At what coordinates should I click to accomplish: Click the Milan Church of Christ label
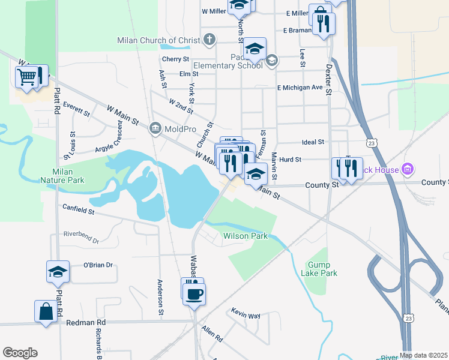[159, 41]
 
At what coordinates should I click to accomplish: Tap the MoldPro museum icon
[155, 128]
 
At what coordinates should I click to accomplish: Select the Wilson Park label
[246, 236]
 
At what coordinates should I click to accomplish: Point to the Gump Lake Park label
[322, 269]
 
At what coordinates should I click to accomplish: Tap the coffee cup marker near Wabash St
[194, 293]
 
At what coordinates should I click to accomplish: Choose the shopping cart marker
[28, 76]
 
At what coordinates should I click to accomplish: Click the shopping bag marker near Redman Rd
[46, 311]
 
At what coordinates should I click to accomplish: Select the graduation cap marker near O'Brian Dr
[58, 271]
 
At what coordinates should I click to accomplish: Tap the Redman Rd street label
[86, 322]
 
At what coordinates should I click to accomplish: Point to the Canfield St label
[79, 209]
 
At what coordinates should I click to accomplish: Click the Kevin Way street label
[246, 314]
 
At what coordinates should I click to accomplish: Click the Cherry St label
[176, 59]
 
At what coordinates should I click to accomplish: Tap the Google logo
[20, 353]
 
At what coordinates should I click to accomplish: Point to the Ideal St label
[313, 142]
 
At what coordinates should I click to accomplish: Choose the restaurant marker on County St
[347, 167]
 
